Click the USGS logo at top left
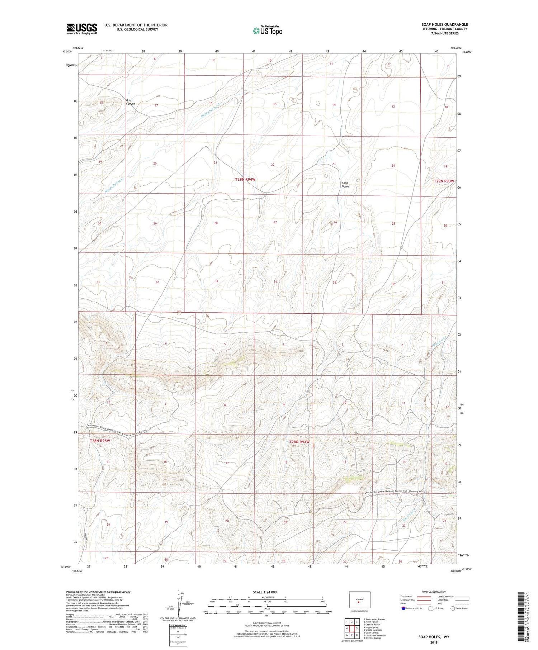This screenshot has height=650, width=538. point(82,29)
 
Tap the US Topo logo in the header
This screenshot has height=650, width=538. point(267,30)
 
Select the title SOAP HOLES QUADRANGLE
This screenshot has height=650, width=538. point(444,24)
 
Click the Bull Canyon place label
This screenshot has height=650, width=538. point(131,102)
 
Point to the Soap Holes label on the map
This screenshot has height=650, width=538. point(345,184)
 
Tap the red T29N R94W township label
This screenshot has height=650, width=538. point(246,179)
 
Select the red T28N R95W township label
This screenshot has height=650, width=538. point(100,440)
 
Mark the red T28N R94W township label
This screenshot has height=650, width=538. point(299,442)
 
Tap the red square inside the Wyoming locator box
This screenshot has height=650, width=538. point(358,602)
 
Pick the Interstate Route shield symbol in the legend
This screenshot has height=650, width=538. point(403,608)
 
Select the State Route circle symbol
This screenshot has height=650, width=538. point(453,608)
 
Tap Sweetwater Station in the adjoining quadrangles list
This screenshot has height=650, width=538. point(375,619)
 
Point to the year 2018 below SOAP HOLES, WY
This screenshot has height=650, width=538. point(434,642)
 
